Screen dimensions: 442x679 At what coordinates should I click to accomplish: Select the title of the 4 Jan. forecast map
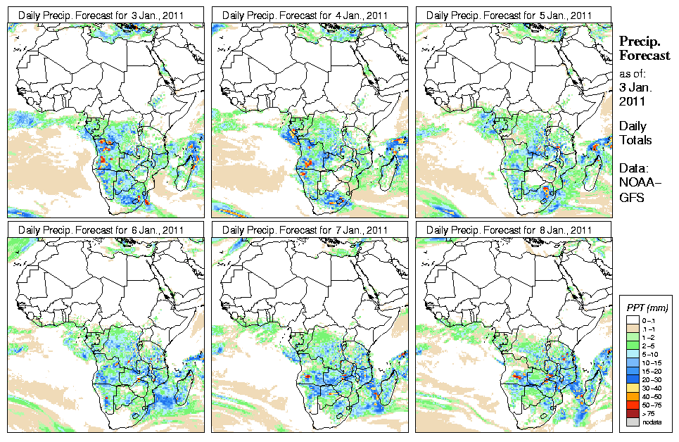(307, 15)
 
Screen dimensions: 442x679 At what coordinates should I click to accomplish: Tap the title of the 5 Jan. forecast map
(512, 15)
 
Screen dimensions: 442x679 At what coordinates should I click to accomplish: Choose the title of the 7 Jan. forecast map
(307, 230)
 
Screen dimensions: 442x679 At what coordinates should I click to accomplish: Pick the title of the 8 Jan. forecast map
(512, 230)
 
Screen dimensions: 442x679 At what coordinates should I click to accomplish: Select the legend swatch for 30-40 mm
(632, 388)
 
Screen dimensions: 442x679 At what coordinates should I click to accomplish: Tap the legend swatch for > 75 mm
(632, 413)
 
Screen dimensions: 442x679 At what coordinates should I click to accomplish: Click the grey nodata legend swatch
(632, 422)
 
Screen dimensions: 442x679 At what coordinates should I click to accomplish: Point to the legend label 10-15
(654, 362)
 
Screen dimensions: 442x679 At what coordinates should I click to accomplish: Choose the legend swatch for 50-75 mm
(632, 405)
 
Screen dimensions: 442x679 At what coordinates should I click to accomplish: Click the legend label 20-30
(654, 379)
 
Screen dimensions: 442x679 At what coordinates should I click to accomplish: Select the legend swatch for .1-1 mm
(632, 329)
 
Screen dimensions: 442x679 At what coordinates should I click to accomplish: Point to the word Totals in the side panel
(635, 140)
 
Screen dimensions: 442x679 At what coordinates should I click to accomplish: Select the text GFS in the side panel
(631, 197)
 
